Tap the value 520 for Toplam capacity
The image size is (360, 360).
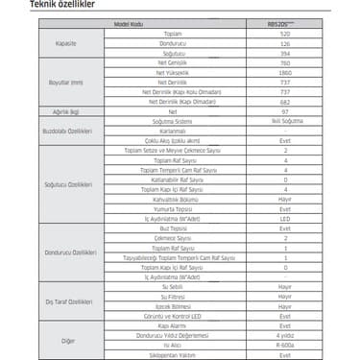coord(285,34)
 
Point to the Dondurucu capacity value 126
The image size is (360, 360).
coord(285,42)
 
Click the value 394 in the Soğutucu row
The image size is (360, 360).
coord(285,52)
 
